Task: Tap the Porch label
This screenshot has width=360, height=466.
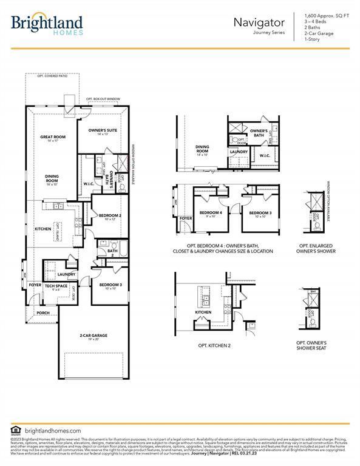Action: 43,313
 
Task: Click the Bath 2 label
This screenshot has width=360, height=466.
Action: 112,252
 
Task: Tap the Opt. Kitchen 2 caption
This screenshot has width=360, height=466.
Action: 214,345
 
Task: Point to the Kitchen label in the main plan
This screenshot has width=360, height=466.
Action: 42,229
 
